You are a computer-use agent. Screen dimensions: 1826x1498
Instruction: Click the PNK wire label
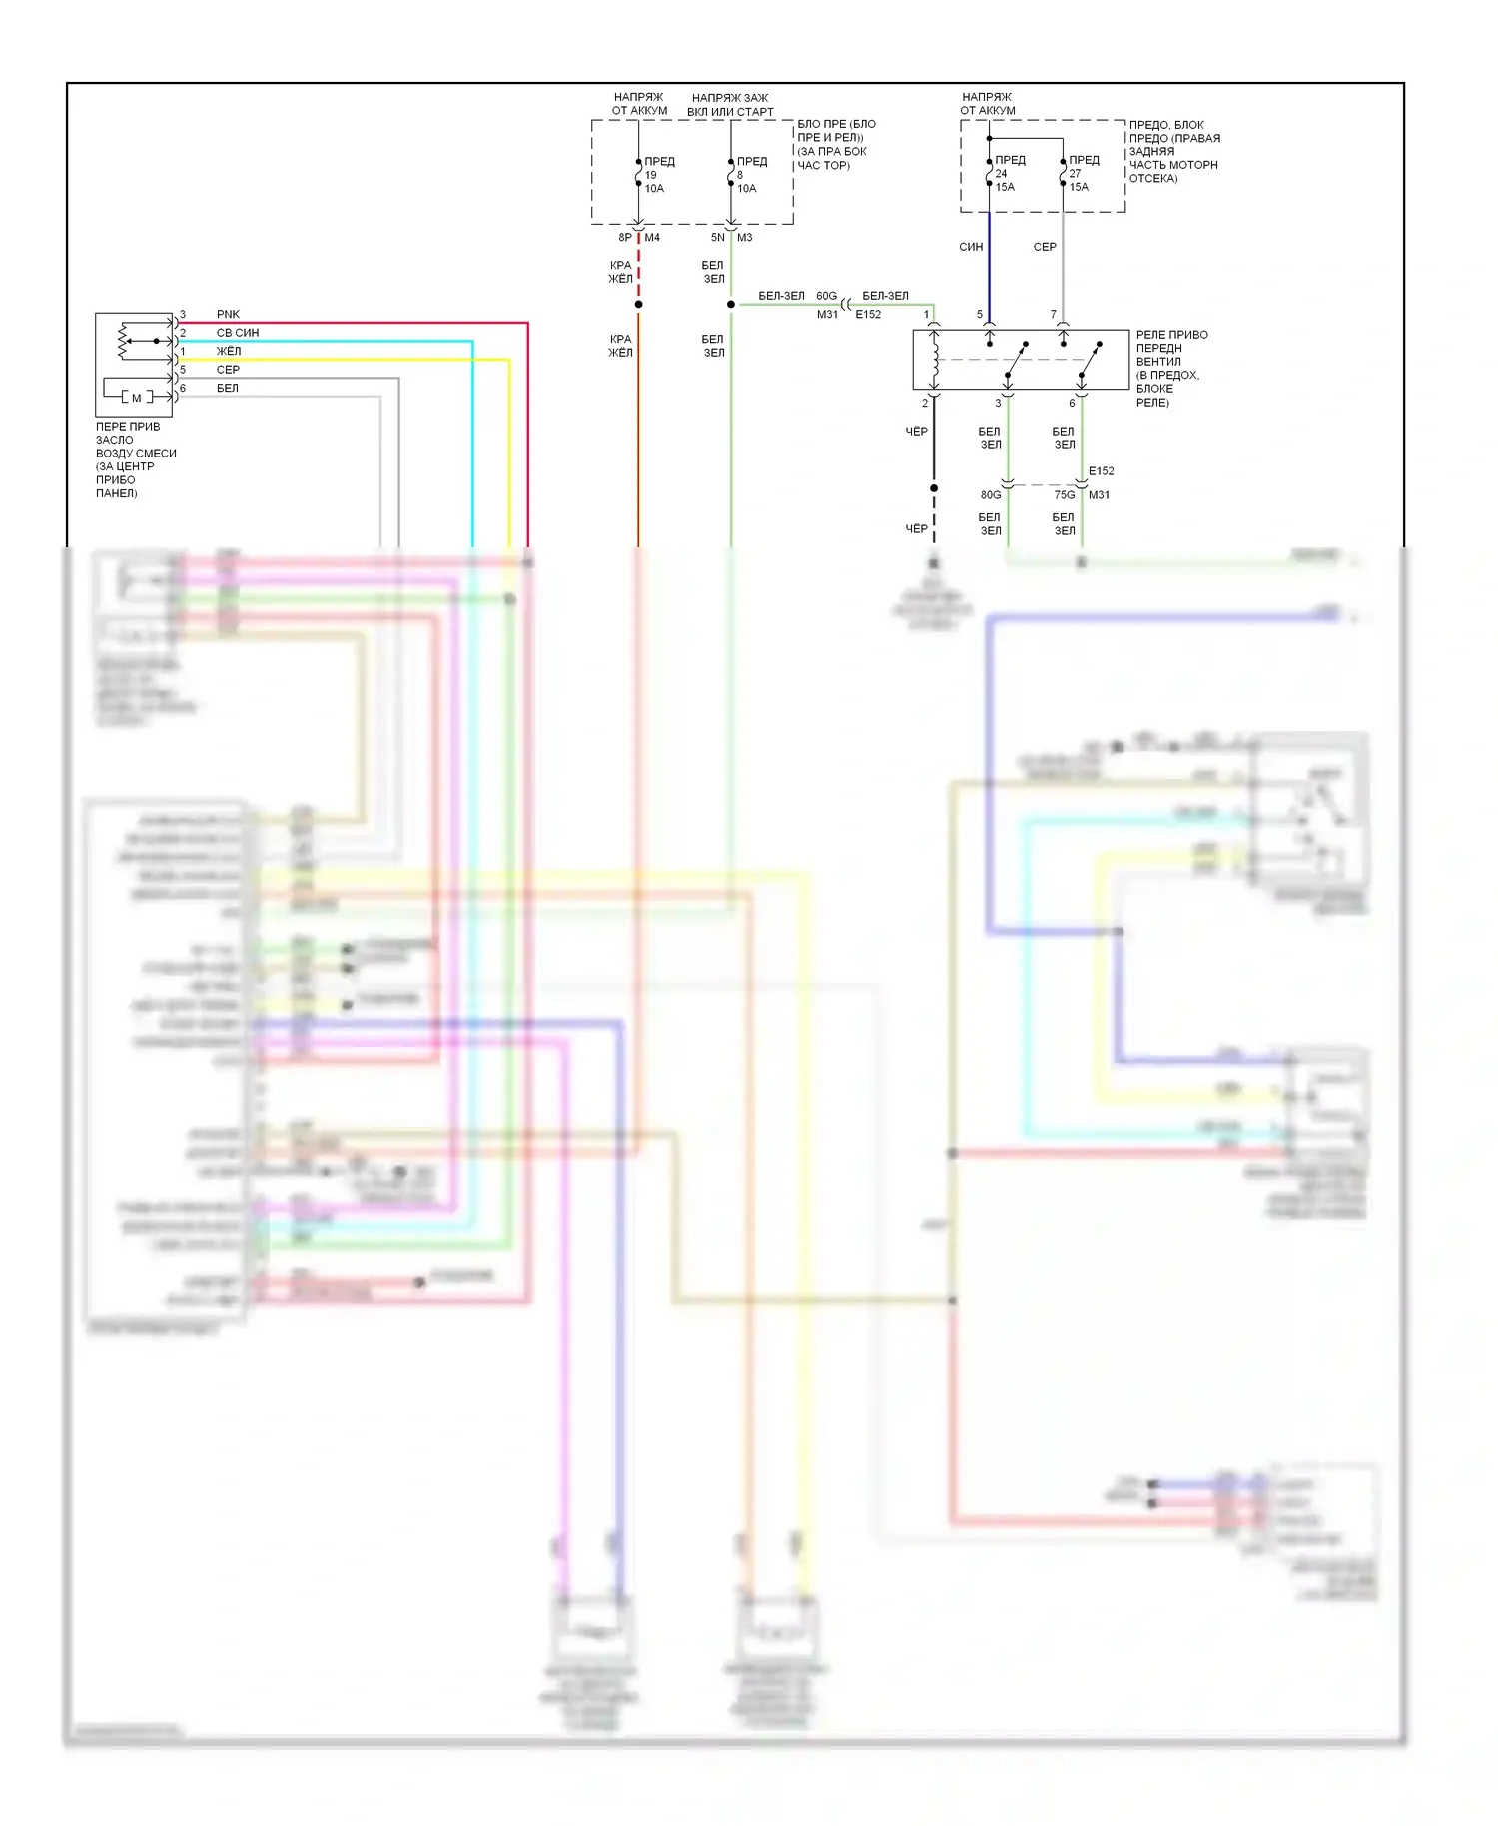(228, 314)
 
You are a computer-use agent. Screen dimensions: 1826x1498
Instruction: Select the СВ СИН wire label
(238, 333)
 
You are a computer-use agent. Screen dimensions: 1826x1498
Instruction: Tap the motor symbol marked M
(137, 398)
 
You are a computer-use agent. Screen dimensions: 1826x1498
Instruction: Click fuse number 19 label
(651, 175)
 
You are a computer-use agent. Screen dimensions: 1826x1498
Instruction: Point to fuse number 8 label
(740, 175)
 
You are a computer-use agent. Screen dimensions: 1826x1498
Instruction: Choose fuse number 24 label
(1001, 174)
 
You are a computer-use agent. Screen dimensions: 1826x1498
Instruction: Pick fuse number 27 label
(1075, 174)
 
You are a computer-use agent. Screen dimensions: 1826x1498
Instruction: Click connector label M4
(652, 238)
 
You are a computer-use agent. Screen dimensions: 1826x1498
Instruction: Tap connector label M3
(745, 238)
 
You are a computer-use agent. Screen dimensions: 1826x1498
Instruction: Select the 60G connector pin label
(827, 296)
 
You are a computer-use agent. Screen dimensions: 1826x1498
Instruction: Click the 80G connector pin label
(991, 495)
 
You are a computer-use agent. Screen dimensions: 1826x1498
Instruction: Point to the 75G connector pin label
(1065, 495)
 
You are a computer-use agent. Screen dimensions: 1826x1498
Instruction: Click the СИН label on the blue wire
(971, 247)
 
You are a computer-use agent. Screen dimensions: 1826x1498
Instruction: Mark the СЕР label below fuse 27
(1045, 247)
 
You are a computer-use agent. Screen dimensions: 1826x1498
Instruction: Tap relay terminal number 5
(980, 315)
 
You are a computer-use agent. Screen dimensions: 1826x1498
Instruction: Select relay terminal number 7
(1053, 315)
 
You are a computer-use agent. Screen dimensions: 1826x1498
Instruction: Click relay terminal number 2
(925, 404)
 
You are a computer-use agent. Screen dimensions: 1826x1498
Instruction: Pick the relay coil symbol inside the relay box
(934, 360)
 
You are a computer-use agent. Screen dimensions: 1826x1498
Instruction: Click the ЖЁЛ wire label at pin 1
(229, 351)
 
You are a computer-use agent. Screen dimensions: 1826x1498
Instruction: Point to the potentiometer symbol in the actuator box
(124, 341)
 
